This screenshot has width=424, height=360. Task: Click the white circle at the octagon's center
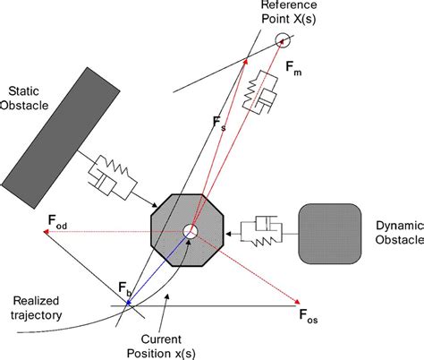(190, 232)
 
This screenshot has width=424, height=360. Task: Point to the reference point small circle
(284, 39)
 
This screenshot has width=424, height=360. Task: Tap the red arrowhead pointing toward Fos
(296, 304)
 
